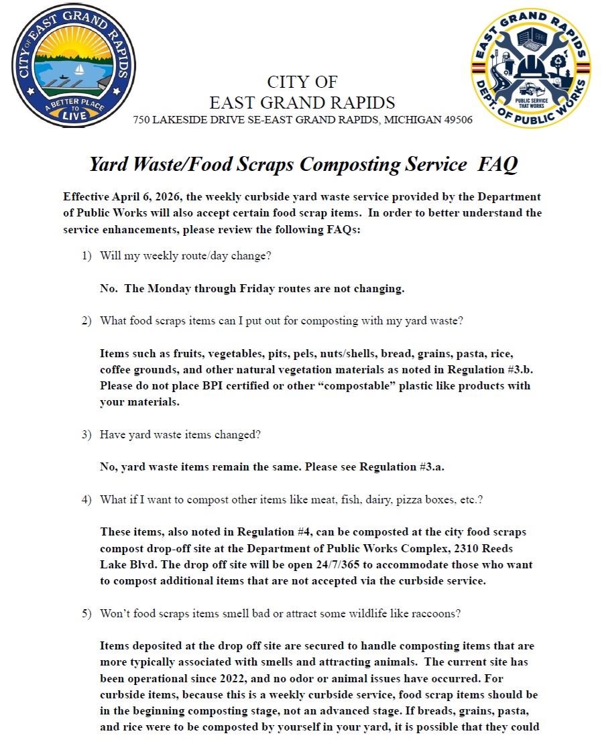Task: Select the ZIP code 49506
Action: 457,121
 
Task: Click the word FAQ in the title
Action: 497,165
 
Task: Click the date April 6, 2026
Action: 150,197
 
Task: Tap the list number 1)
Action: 86,256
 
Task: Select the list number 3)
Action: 86,434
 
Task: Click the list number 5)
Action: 86,613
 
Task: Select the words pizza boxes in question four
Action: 415,499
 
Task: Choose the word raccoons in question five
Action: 438,613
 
